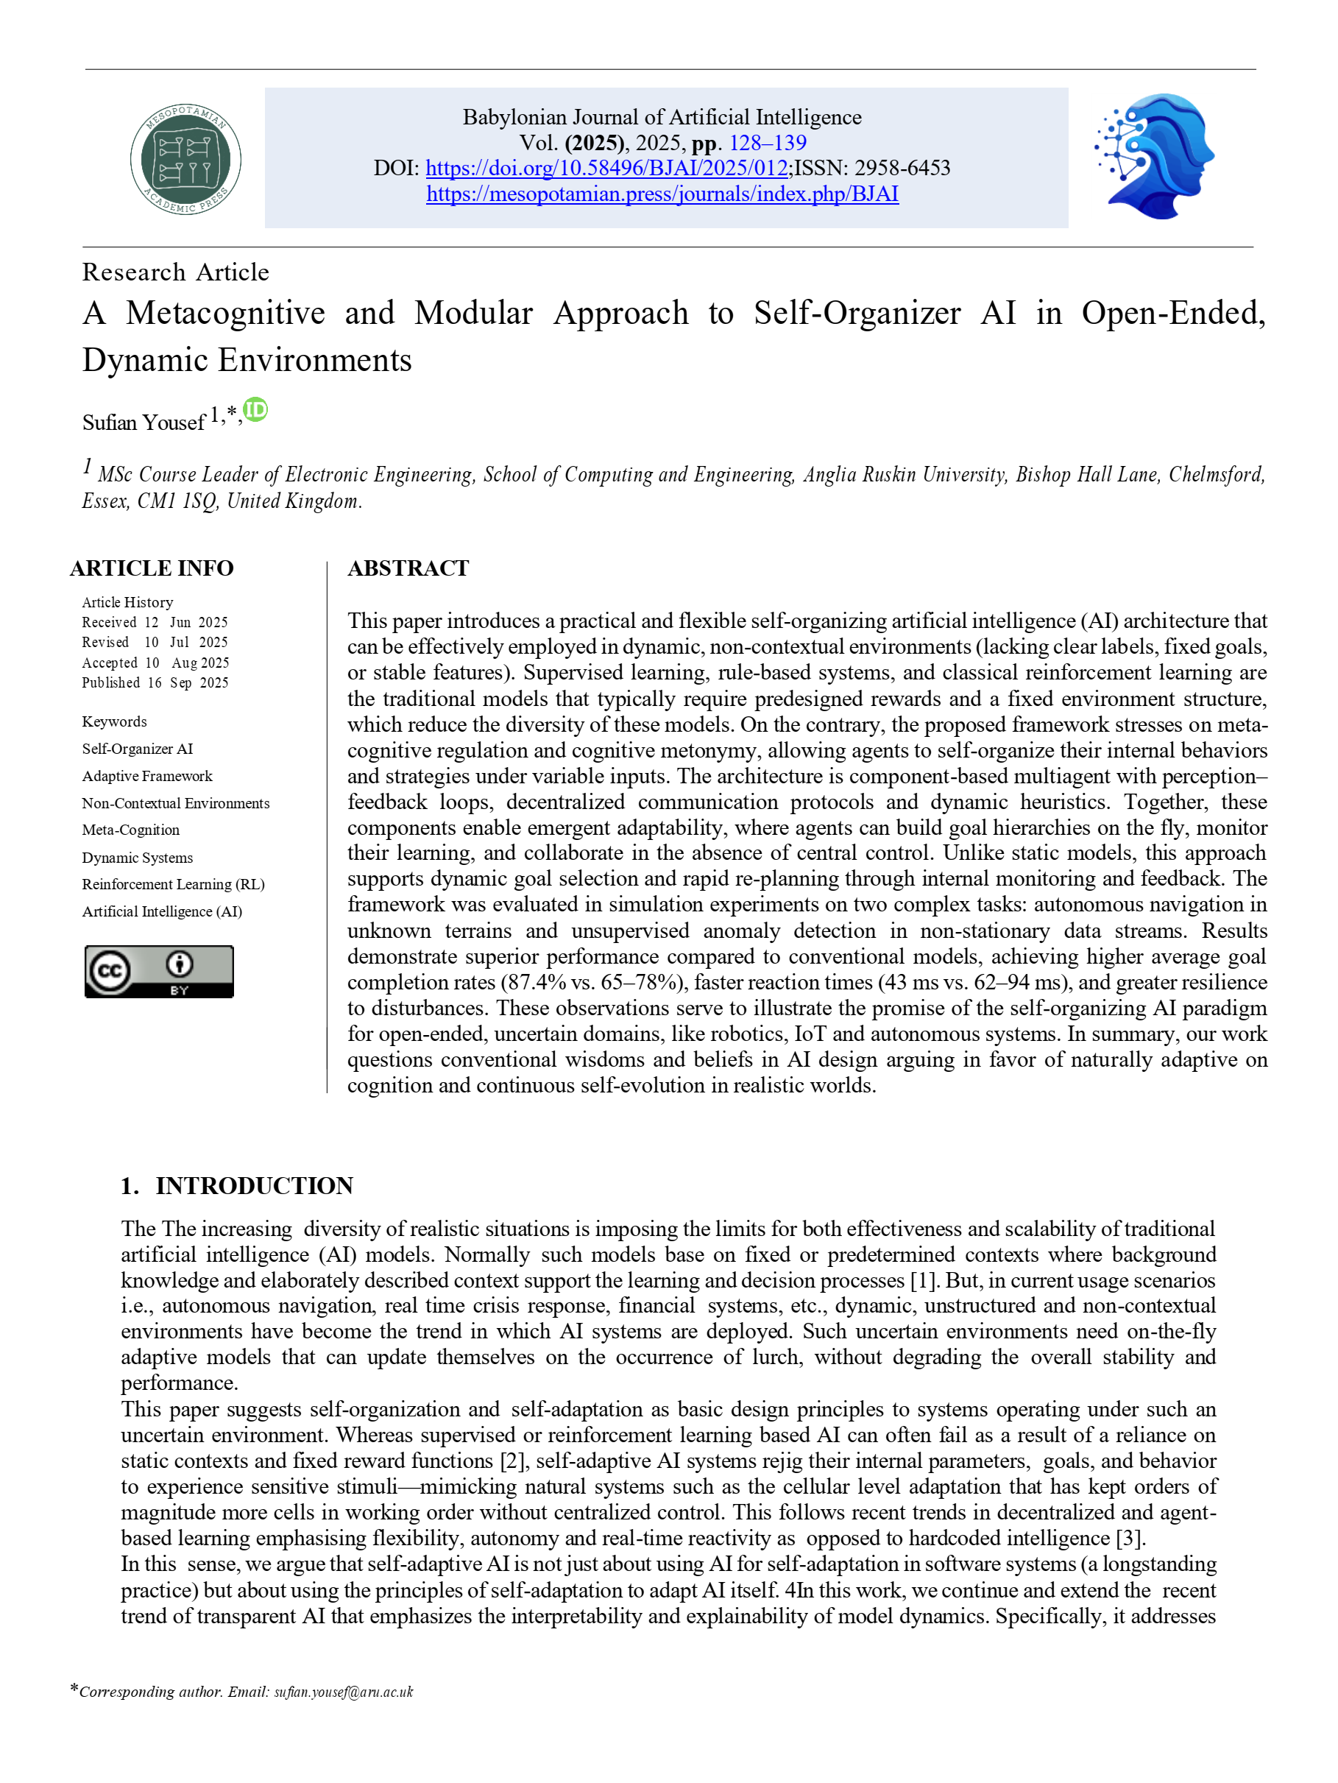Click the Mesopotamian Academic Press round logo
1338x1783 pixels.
[185, 159]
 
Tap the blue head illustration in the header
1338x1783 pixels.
[1155, 156]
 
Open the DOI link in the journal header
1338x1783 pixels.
[606, 169]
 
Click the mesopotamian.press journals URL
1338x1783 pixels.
[662, 194]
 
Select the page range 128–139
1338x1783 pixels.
[768, 143]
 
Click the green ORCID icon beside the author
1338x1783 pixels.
[255, 410]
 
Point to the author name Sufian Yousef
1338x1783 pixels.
[144, 423]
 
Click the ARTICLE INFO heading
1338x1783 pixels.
[152, 568]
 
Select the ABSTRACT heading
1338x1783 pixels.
[408, 568]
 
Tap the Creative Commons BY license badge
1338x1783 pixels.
[159, 971]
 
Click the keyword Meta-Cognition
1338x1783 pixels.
[130, 830]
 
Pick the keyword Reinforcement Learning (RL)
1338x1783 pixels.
[173, 884]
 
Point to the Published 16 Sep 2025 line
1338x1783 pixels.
[155, 682]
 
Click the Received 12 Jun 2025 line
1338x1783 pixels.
[155, 622]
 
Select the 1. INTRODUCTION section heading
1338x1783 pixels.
[237, 1186]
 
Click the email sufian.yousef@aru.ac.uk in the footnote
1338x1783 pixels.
[344, 1692]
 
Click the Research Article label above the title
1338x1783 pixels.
[176, 272]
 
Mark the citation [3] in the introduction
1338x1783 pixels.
[1128, 1539]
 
